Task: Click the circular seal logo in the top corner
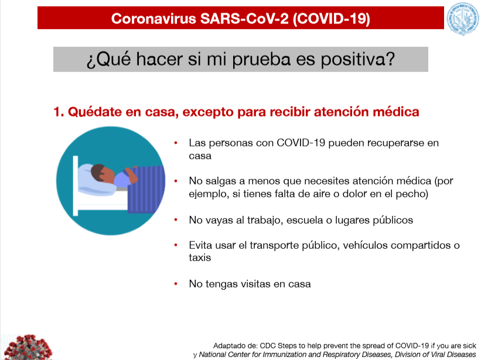click(x=462, y=19)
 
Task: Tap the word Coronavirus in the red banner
click(x=153, y=19)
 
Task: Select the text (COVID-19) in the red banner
click(x=331, y=19)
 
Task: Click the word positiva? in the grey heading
click(x=358, y=60)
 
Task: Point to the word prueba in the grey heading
click(x=261, y=60)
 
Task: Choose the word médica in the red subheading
click(x=395, y=112)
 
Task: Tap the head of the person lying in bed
click(x=102, y=173)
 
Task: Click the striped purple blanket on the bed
click(x=146, y=189)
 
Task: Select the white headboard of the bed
click(x=76, y=186)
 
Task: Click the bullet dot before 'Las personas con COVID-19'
click(x=176, y=143)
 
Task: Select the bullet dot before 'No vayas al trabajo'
click(x=176, y=220)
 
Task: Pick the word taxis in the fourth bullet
click(x=200, y=258)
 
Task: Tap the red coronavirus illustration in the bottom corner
click(x=27, y=347)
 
